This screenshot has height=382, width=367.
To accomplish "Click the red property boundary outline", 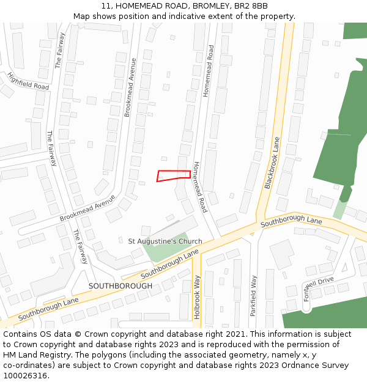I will (173, 175).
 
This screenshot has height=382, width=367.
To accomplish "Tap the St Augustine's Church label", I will (165, 241).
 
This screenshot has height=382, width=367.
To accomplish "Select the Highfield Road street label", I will (28, 81).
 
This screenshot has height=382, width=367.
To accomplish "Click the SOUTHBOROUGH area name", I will (120, 286).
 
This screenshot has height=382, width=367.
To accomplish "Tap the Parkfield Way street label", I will (253, 295).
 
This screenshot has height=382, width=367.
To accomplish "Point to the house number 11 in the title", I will (105, 6).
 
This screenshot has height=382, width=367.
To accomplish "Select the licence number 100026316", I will (26, 376).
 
